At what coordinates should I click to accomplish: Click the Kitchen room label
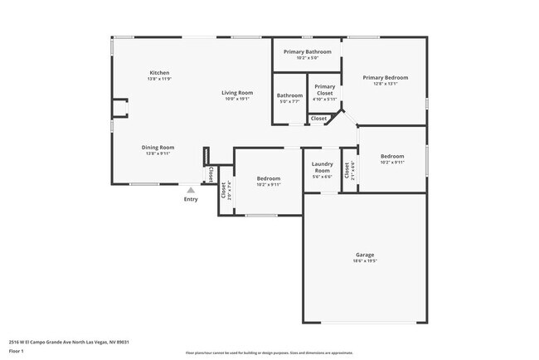[159, 72]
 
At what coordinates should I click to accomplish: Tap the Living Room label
[237, 92]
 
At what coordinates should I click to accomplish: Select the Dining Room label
[158, 147]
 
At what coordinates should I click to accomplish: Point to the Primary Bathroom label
[307, 51]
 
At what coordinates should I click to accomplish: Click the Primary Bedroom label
[386, 77]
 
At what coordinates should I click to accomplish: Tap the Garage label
[365, 254]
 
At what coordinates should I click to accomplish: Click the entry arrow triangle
[191, 190]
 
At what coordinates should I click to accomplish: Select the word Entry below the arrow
[191, 199]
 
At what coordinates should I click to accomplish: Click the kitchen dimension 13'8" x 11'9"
[159, 79]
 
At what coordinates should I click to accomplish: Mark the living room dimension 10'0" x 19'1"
[237, 99]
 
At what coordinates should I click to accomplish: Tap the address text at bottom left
[69, 342]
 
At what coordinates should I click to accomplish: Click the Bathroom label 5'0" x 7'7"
[290, 95]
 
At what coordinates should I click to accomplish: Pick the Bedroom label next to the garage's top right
[392, 156]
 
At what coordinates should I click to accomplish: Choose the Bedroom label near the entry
[269, 178]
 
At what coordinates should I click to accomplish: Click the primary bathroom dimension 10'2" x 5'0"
[307, 58]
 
